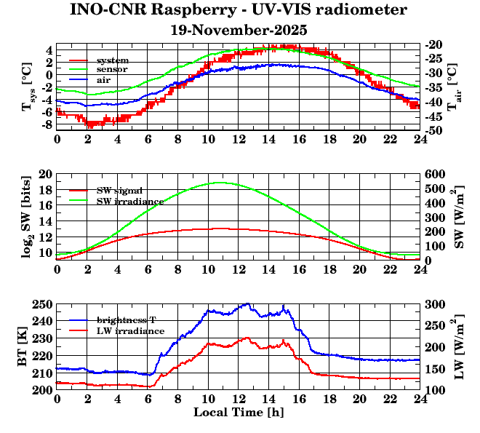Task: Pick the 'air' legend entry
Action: click(x=104, y=79)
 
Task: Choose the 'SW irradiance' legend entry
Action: click(x=129, y=200)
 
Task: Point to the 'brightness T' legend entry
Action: click(x=127, y=319)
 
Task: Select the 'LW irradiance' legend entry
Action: click(x=130, y=330)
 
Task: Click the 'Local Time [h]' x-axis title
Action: click(x=239, y=413)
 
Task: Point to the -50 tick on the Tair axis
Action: click(x=435, y=131)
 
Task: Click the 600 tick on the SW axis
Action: click(x=435, y=175)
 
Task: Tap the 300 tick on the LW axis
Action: click(x=435, y=304)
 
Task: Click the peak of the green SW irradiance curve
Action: click(x=221, y=183)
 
